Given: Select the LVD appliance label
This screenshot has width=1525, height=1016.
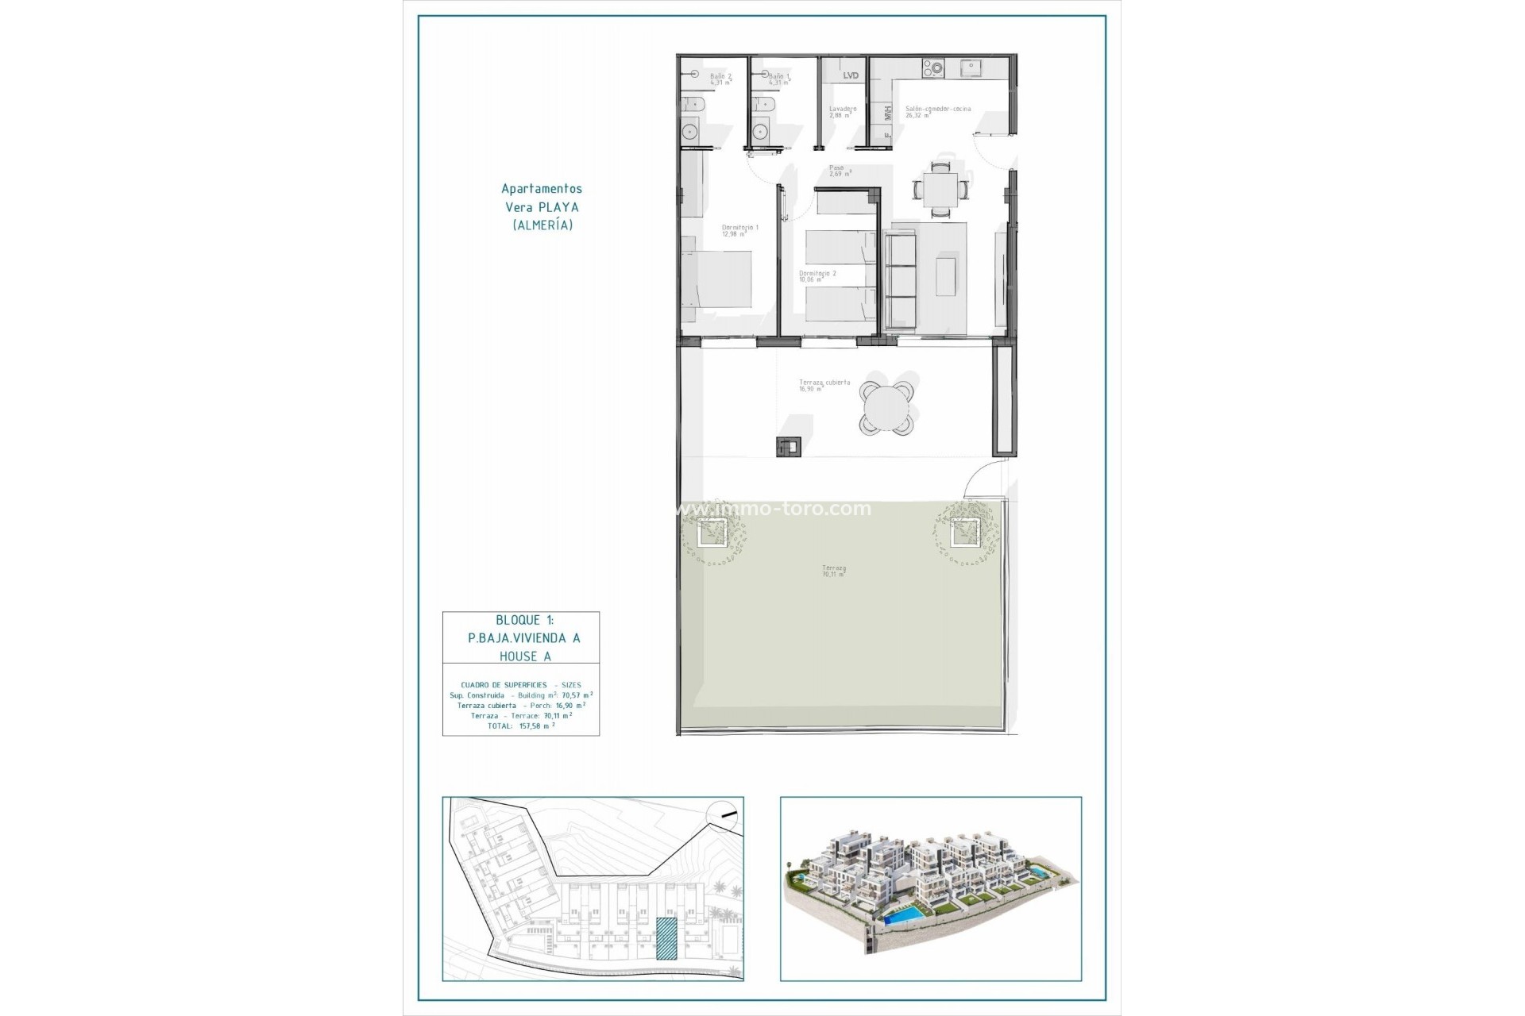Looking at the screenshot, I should click(x=851, y=75).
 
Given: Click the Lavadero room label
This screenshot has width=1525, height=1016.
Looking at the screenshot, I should click(x=842, y=112).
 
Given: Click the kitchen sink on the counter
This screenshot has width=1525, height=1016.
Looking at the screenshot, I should click(x=971, y=68).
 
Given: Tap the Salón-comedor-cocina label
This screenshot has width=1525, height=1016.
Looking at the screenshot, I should click(x=938, y=112).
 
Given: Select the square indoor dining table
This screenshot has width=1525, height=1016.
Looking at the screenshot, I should click(x=940, y=190).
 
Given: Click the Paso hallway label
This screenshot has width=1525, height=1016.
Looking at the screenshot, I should click(x=839, y=171).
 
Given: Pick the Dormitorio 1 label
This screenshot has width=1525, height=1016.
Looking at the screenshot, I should click(x=739, y=230).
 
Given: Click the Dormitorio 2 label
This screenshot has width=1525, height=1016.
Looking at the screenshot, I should click(x=817, y=276).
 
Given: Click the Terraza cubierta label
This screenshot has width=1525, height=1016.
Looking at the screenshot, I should click(x=824, y=385).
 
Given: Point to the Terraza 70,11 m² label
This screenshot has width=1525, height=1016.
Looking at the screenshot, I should click(x=833, y=571).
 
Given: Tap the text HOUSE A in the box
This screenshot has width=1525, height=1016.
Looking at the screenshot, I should click(x=525, y=656).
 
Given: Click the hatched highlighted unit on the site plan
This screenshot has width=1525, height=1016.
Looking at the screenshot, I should click(x=666, y=939).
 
